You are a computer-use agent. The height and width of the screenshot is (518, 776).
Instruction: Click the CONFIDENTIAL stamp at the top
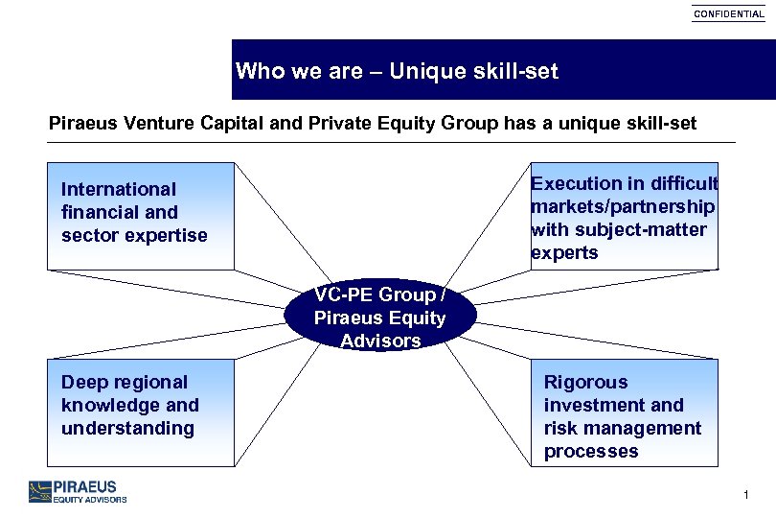pos(729,14)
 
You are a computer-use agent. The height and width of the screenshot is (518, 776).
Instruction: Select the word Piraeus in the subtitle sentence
pos(81,124)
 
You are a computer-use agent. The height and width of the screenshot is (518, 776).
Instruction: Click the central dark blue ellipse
pos(380,318)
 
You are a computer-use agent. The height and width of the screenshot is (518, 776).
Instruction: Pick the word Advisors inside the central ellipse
pos(380,341)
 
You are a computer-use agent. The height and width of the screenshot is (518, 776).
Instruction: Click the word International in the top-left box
pos(119,189)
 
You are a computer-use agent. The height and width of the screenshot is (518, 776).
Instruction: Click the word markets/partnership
pos(623,206)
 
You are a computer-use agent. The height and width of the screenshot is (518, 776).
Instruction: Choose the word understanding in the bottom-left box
pos(127,428)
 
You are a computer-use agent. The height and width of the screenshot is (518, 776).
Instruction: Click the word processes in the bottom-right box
pos(590,451)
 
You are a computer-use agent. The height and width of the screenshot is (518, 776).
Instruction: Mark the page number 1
pos(744,495)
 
